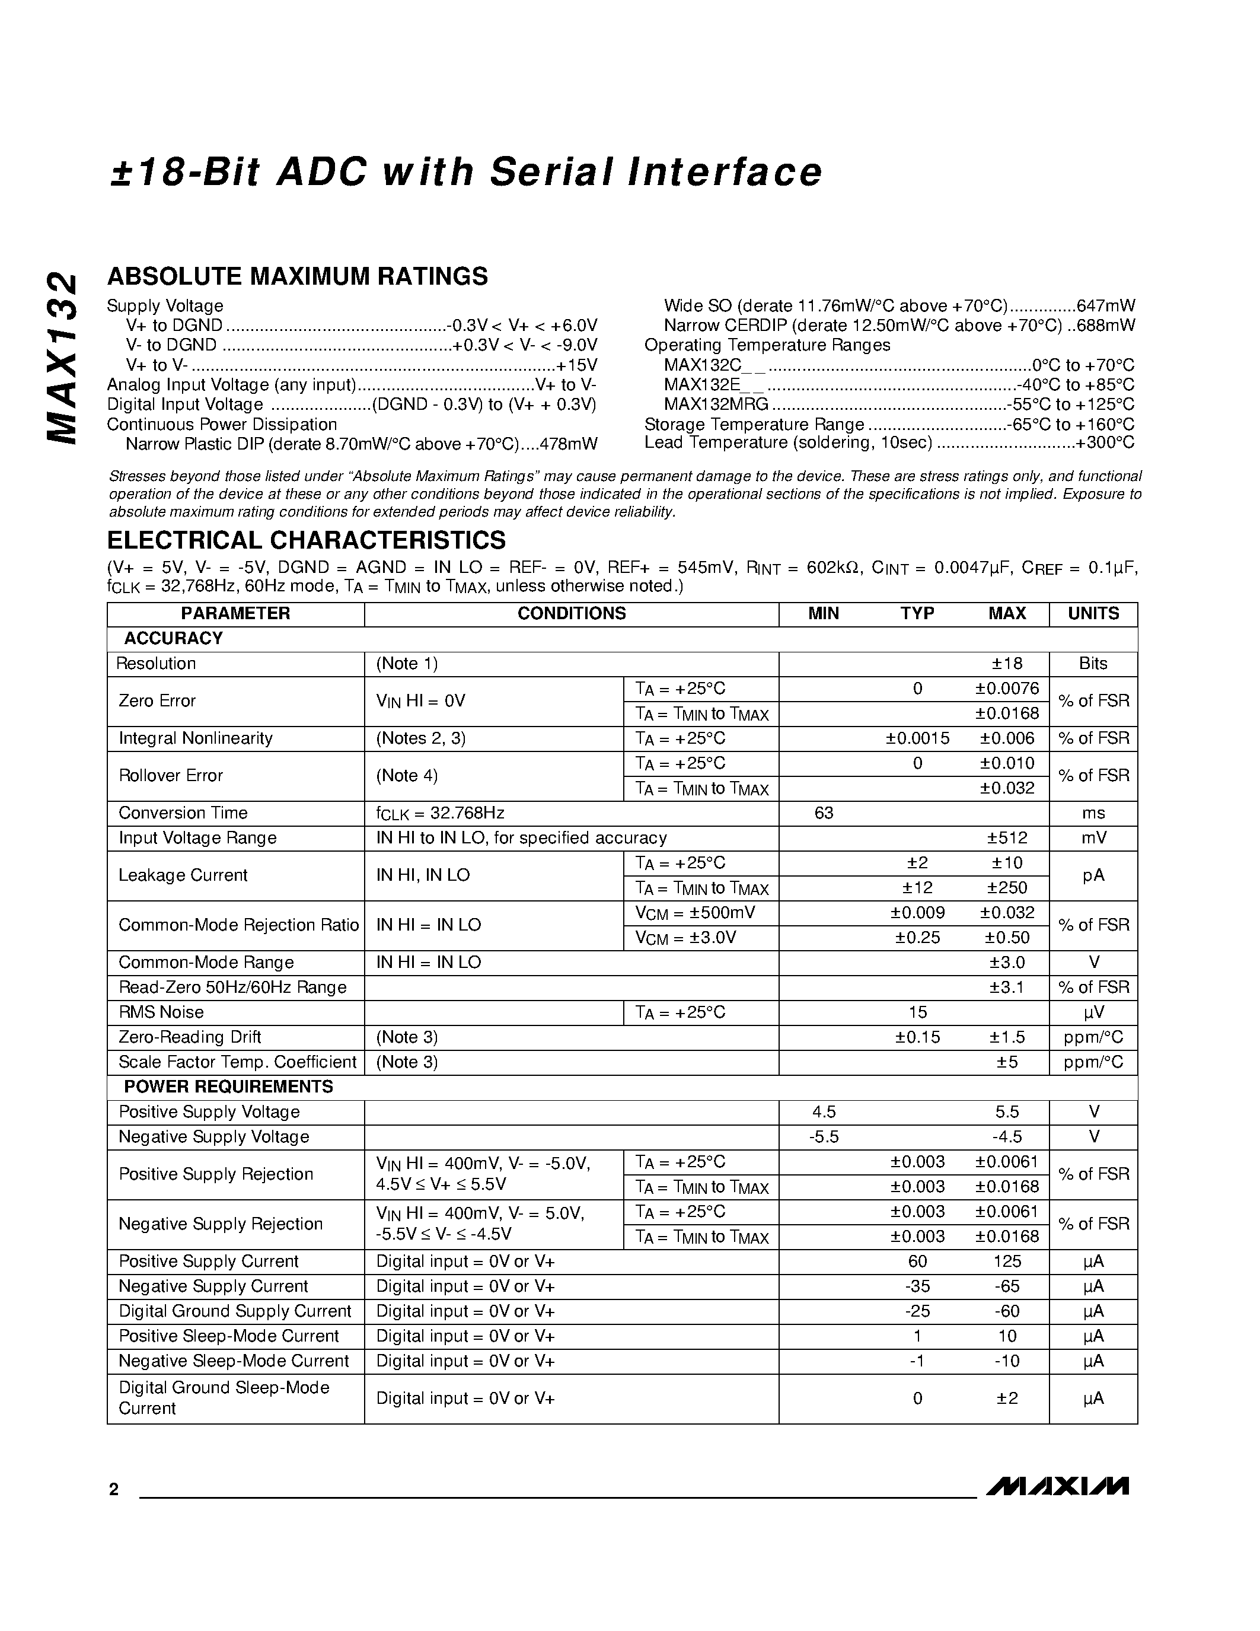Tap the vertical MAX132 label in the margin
point(61,358)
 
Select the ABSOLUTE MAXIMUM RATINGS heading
point(297,276)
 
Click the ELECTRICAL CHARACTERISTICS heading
point(306,540)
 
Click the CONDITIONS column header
point(571,613)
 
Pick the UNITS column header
point(1093,613)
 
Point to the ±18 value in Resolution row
point(1006,663)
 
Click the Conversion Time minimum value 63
point(824,813)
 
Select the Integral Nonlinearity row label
point(196,738)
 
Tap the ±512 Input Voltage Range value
point(1006,838)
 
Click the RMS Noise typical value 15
point(917,1012)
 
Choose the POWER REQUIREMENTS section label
point(228,1087)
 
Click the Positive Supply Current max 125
point(1006,1262)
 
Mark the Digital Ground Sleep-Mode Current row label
point(224,1397)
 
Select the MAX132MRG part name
point(716,404)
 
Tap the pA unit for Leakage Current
point(1093,875)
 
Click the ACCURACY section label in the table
point(173,639)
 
